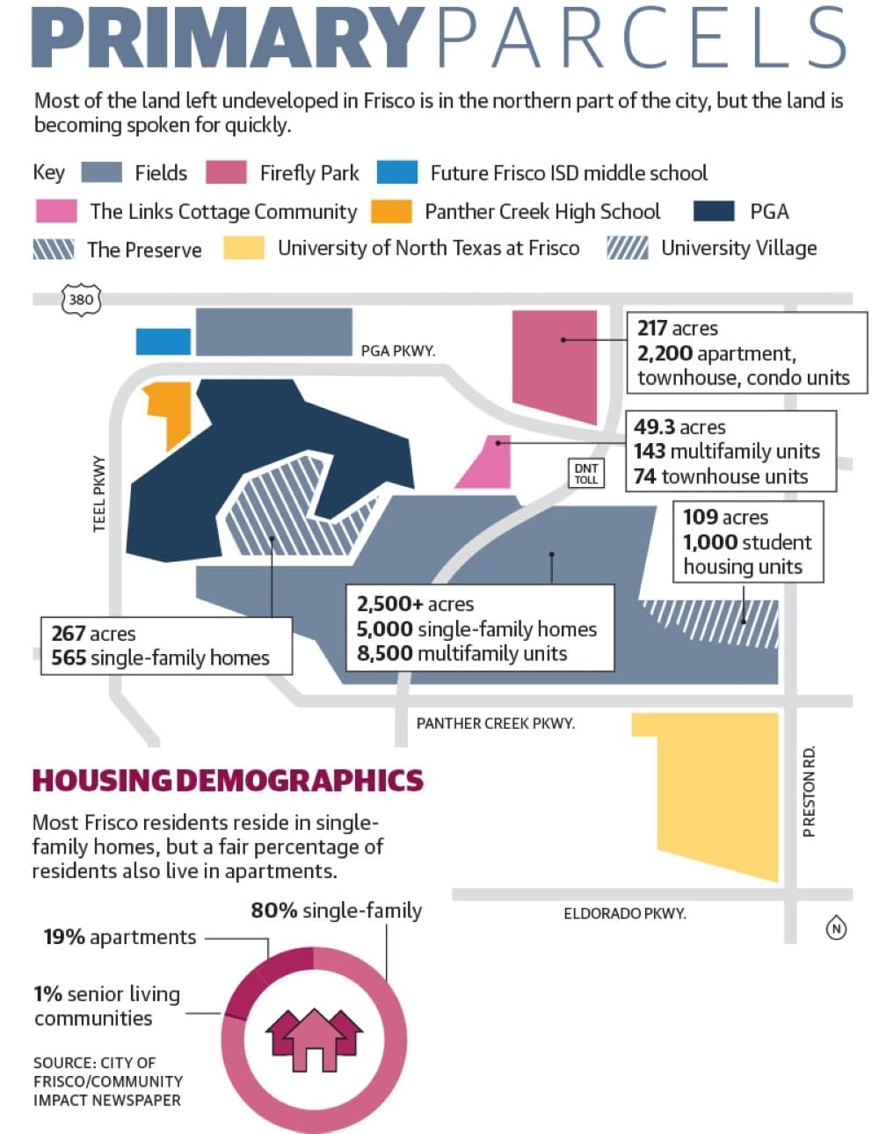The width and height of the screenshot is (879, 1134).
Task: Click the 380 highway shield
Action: (81, 300)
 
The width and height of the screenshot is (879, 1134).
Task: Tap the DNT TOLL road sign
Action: (585, 473)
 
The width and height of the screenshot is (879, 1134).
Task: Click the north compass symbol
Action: (836, 928)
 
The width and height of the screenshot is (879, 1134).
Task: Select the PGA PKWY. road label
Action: (397, 351)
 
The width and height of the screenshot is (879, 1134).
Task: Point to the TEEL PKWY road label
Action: (99, 494)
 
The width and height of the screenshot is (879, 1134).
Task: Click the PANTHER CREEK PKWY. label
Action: (495, 723)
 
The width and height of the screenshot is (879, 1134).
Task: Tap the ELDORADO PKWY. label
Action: (625, 913)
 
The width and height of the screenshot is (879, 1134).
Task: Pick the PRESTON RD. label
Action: (809, 792)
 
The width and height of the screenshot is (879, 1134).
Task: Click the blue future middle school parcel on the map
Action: (163, 342)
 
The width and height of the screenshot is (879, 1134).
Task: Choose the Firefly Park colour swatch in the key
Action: (226, 172)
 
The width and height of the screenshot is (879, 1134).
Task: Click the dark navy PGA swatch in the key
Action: (714, 211)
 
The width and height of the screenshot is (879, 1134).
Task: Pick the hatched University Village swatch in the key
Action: (628, 248)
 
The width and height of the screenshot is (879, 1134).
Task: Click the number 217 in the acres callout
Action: (651, 328)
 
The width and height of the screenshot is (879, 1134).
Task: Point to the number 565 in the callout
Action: (69, 658)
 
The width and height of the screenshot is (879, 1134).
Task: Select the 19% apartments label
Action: (120, 937)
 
